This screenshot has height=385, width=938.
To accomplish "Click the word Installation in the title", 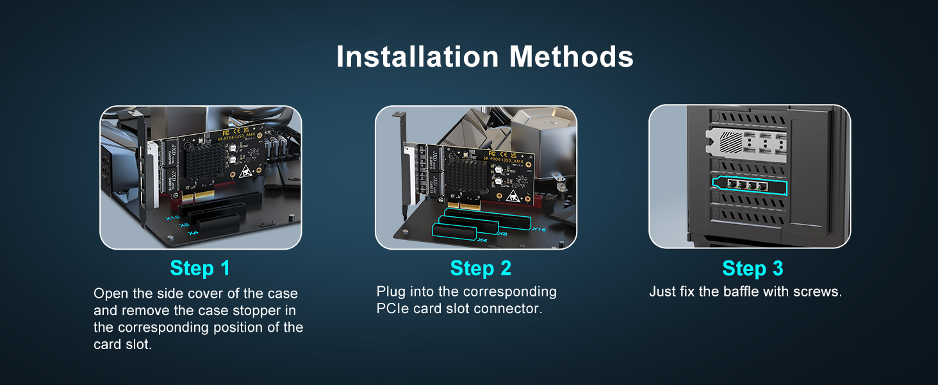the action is tap(418, 56).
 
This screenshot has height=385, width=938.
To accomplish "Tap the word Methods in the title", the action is tap(571, 56).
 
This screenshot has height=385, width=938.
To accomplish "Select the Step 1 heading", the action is tap(200, 268).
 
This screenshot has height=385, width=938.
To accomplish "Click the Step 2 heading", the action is tap(481, 268).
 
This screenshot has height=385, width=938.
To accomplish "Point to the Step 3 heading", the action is tap(753, 268).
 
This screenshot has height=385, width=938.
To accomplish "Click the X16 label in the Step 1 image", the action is tap(172, 218).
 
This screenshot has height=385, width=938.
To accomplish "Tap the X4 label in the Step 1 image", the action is tap(193, 233).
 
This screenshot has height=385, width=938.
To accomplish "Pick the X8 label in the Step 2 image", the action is tap(503, 234).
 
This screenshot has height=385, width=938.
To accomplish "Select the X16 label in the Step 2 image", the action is tap(539, 229).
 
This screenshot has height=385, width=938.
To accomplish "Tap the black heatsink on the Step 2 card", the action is tap(466, 175).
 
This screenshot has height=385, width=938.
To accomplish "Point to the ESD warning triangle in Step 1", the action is tap(245, 171).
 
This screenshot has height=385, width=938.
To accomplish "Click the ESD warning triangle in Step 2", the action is tap(513, 196).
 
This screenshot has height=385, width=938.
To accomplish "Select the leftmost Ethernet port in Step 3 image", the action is tap(732, 184).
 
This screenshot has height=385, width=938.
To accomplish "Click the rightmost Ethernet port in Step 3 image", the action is tap(762, 187).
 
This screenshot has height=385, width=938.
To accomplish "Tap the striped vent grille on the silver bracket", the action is tap(731, 141).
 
